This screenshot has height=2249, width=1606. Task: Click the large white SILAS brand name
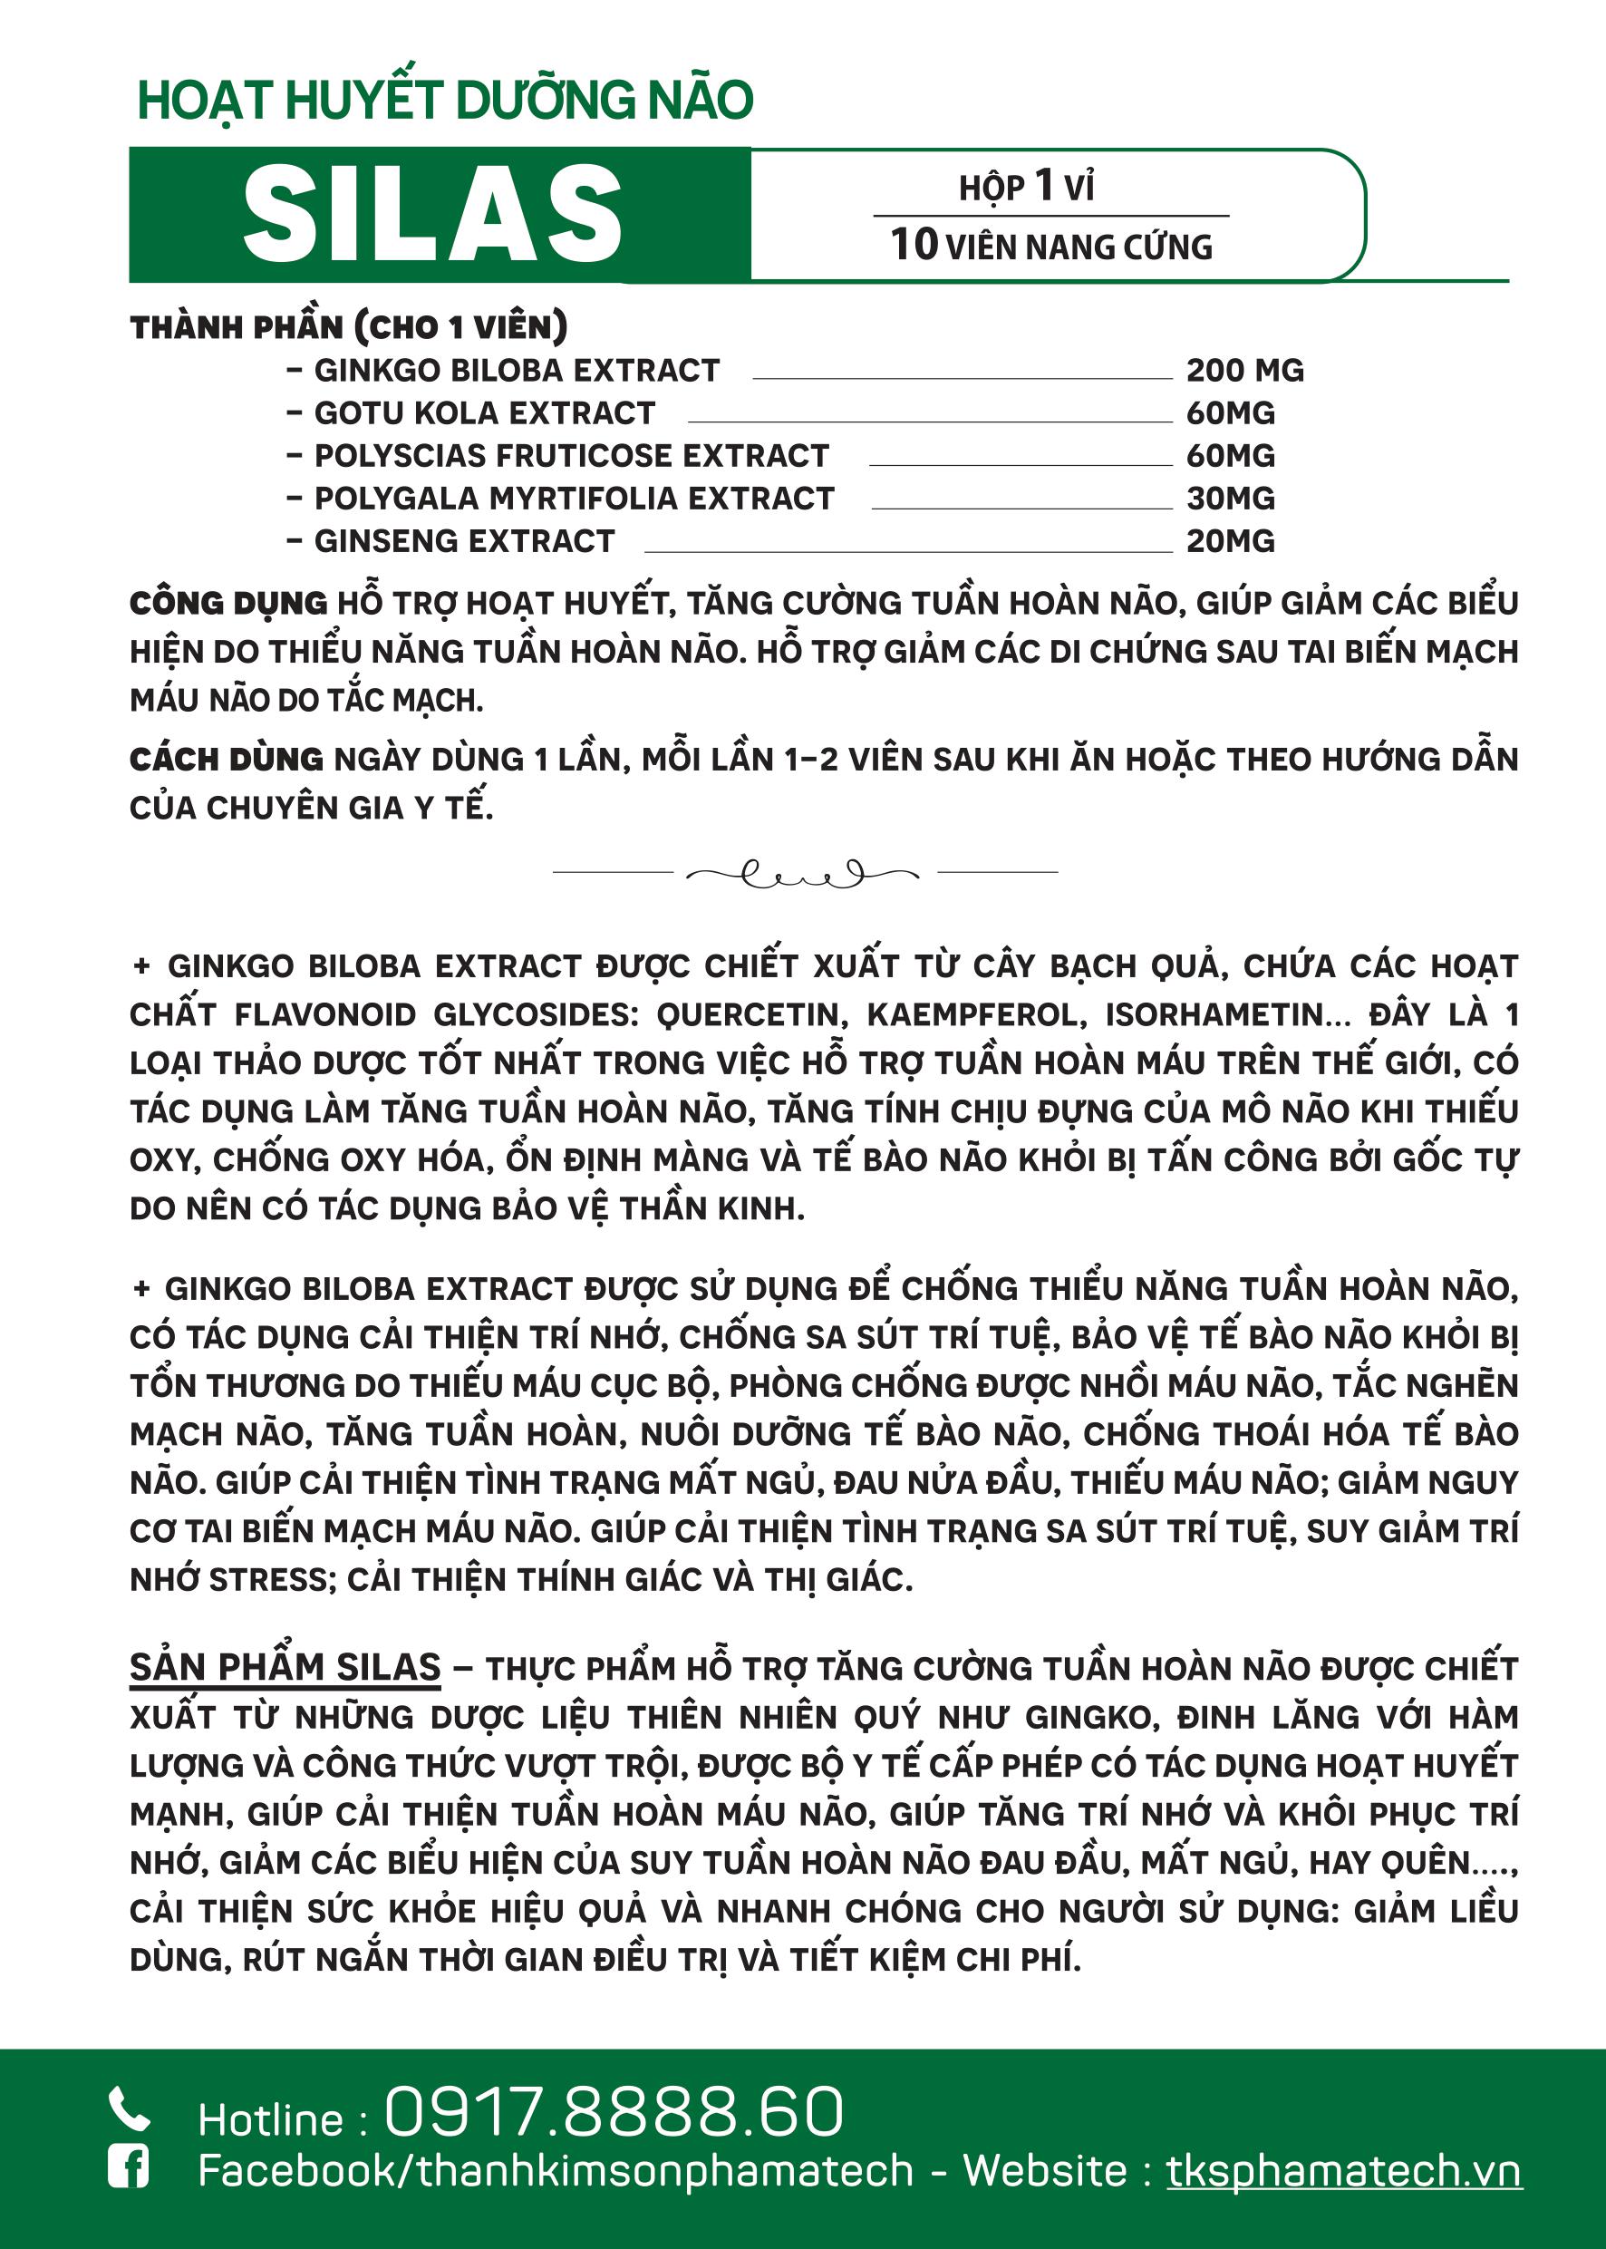pyautogui.click(x=432, y=215)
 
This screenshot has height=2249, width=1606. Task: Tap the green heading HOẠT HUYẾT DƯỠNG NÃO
pyautogui.click(x=445, y=101)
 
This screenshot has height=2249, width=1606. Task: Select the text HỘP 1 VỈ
pyautogui.click(x=1027, y=186)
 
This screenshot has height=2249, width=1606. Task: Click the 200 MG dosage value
pyautogui.click(x=1245, y=371)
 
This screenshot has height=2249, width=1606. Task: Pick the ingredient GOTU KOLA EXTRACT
pyautogui.click(x=485, y=413)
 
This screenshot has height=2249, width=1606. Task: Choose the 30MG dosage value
pyautogui.click(x=1230, y=499)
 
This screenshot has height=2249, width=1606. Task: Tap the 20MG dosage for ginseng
pyautogui.click(x=1230, y=542)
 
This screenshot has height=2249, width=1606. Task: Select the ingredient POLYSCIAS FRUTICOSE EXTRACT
pyautogui.click(x=572, y=456)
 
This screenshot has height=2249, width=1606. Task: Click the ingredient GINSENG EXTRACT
pyautogui.click(x=464, y=542)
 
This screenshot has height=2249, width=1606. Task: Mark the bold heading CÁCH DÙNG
pyautogui.click(x=227, y=760)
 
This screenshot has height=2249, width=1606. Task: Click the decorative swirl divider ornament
pyautogui.click(x=803, y=873)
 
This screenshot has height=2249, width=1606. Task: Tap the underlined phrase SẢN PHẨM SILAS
pyautogui.click(x=285, y=1667)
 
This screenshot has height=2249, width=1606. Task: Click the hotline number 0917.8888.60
pyautogui.click(x=614, y=2111)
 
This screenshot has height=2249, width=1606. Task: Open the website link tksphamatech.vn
pyautogui.click(x=1343, y=2171)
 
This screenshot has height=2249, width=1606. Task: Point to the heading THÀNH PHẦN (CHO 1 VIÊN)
pyautogui.click(x=348, y=327)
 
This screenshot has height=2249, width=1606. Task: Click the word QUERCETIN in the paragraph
pyautogui.click(x=751, y=1014)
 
